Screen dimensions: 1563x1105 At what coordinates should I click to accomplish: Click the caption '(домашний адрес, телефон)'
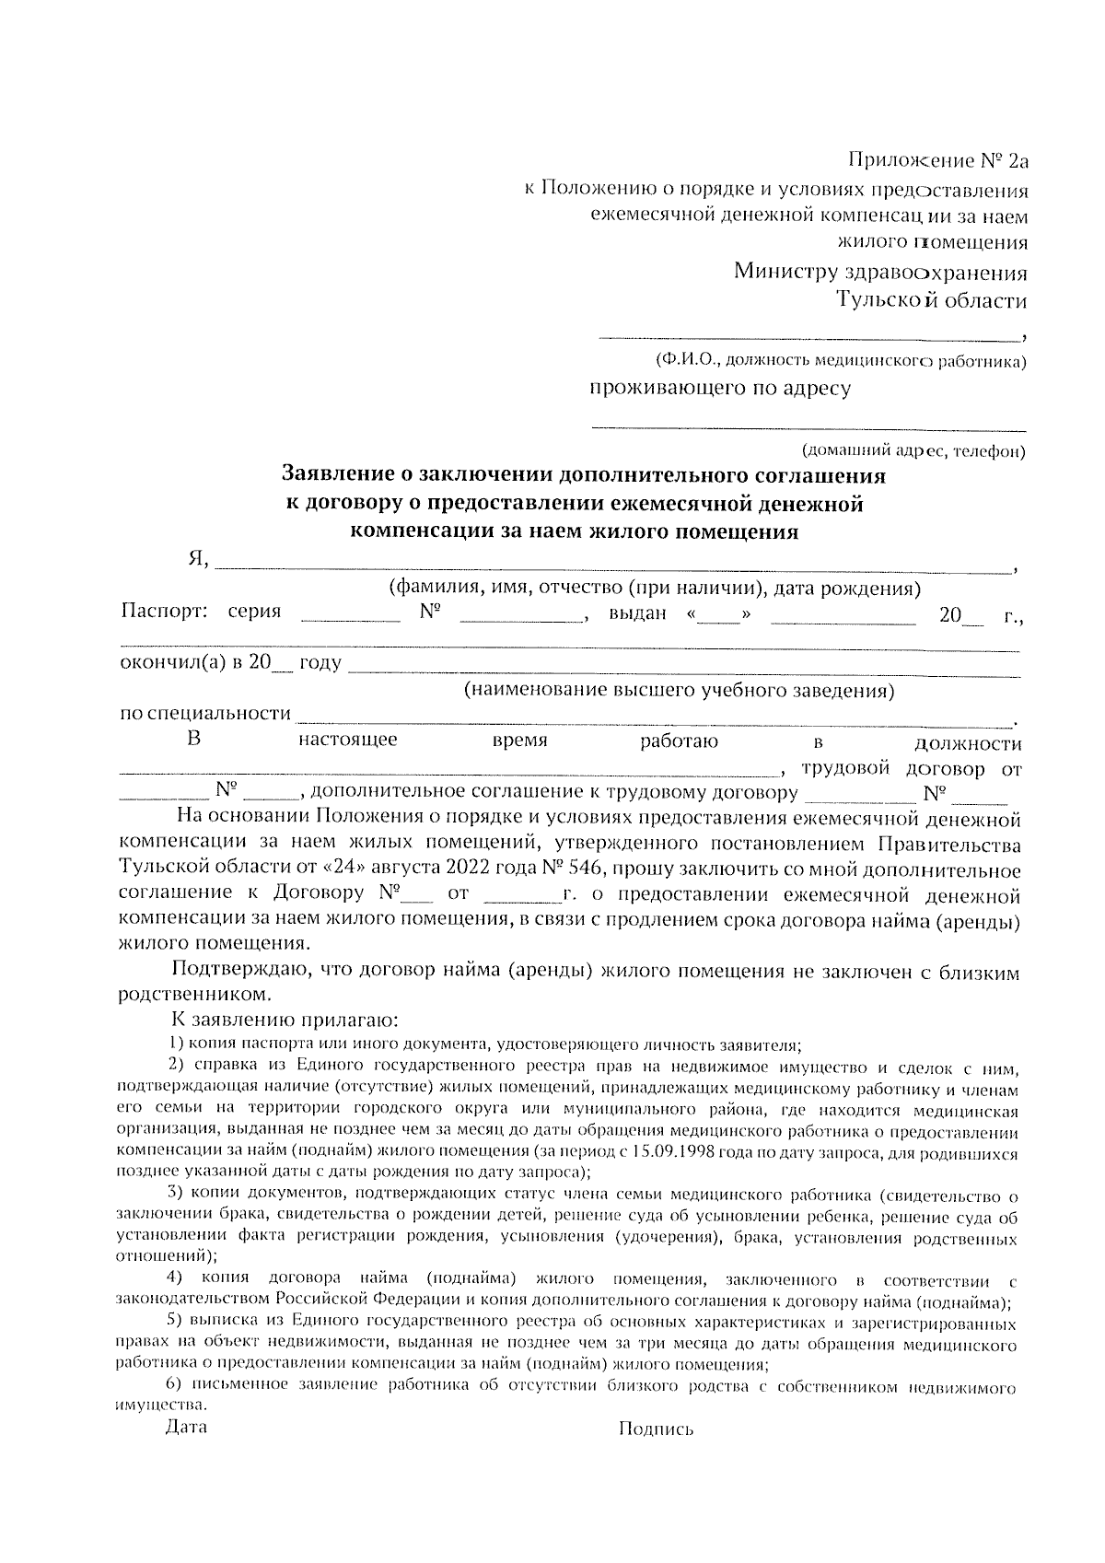pyautogui.click(x=913, y=451)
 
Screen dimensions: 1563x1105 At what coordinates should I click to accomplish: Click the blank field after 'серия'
pyautogui.click(x=350, y=619)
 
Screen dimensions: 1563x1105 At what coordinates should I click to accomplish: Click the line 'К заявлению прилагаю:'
pyautogui.click(x=285, y=1021)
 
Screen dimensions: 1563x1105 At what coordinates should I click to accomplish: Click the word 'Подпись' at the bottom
pyautogui.click(x=656, y=1429)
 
